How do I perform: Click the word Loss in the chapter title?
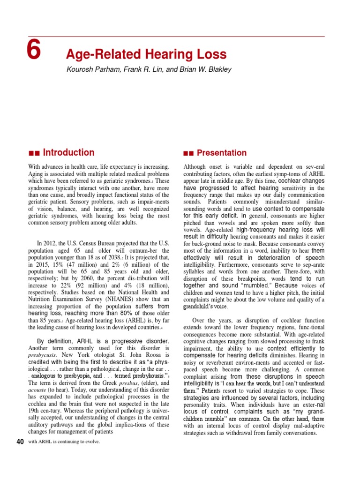(x=210, y=54)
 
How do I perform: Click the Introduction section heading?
(x=68, y=152)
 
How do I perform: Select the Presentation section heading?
(x=222, y=153)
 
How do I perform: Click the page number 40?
(x=20, y=442)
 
